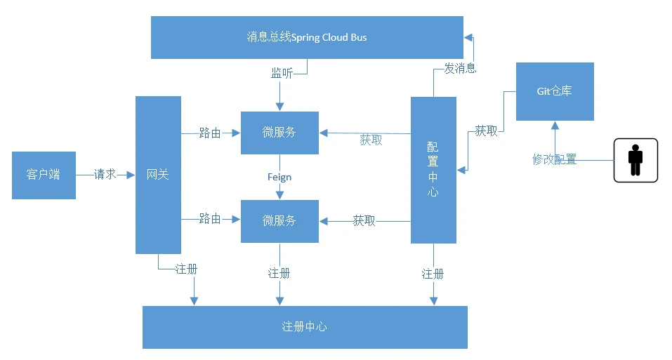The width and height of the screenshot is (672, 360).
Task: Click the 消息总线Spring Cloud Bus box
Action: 307,37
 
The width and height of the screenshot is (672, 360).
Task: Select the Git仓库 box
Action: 555,91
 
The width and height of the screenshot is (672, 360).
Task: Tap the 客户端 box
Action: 44,175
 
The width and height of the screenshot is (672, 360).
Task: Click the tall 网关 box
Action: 158,175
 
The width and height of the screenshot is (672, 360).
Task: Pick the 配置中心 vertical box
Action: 433,170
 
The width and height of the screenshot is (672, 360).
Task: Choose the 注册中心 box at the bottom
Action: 305,327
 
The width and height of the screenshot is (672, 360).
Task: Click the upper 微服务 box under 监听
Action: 279,133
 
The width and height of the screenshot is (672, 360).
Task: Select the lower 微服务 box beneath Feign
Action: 279,221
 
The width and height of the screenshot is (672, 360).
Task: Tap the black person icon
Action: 635,160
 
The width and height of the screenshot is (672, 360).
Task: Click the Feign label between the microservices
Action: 279,177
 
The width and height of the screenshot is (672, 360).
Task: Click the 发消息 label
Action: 460,68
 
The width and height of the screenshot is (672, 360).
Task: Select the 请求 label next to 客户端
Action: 105,175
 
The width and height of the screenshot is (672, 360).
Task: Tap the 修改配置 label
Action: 554,159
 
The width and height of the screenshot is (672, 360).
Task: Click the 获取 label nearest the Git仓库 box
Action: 486,131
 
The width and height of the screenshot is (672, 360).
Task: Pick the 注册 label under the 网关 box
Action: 186,269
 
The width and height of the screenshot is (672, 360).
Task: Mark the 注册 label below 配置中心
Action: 433,274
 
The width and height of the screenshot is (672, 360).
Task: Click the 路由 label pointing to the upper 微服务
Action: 210,133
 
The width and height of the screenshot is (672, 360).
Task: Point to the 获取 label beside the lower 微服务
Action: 364,221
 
